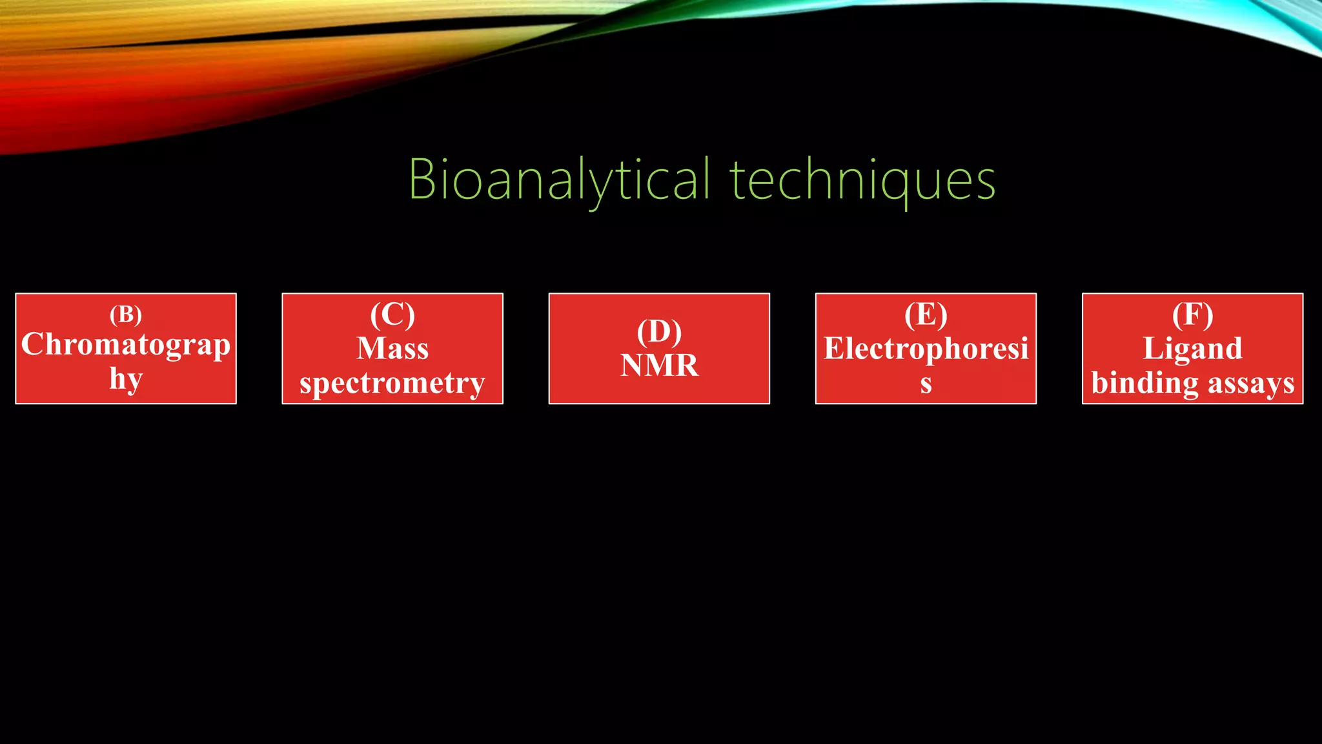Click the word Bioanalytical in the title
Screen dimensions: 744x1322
(559, 180)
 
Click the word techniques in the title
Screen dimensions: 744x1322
(862, 180)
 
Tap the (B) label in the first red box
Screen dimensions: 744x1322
(126, 315)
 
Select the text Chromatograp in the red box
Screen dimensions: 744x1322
(126, 345)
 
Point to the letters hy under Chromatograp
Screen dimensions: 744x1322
(126, 378)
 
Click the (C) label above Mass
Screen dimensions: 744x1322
(392, 315)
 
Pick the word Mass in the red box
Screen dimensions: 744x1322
(392, 349)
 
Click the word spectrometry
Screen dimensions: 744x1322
(392, 383)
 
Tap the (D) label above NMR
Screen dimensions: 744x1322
(659, 331)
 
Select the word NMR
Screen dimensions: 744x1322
(659, 366)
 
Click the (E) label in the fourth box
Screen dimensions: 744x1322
(926, 315)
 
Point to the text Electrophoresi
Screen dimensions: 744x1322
(926, 349)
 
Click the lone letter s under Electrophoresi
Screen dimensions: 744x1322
(926, 384)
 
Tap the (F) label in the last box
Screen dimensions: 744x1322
(1192, 315)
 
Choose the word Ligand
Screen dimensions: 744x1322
(1192, 349)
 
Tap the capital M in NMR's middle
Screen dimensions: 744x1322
(659, 366)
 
